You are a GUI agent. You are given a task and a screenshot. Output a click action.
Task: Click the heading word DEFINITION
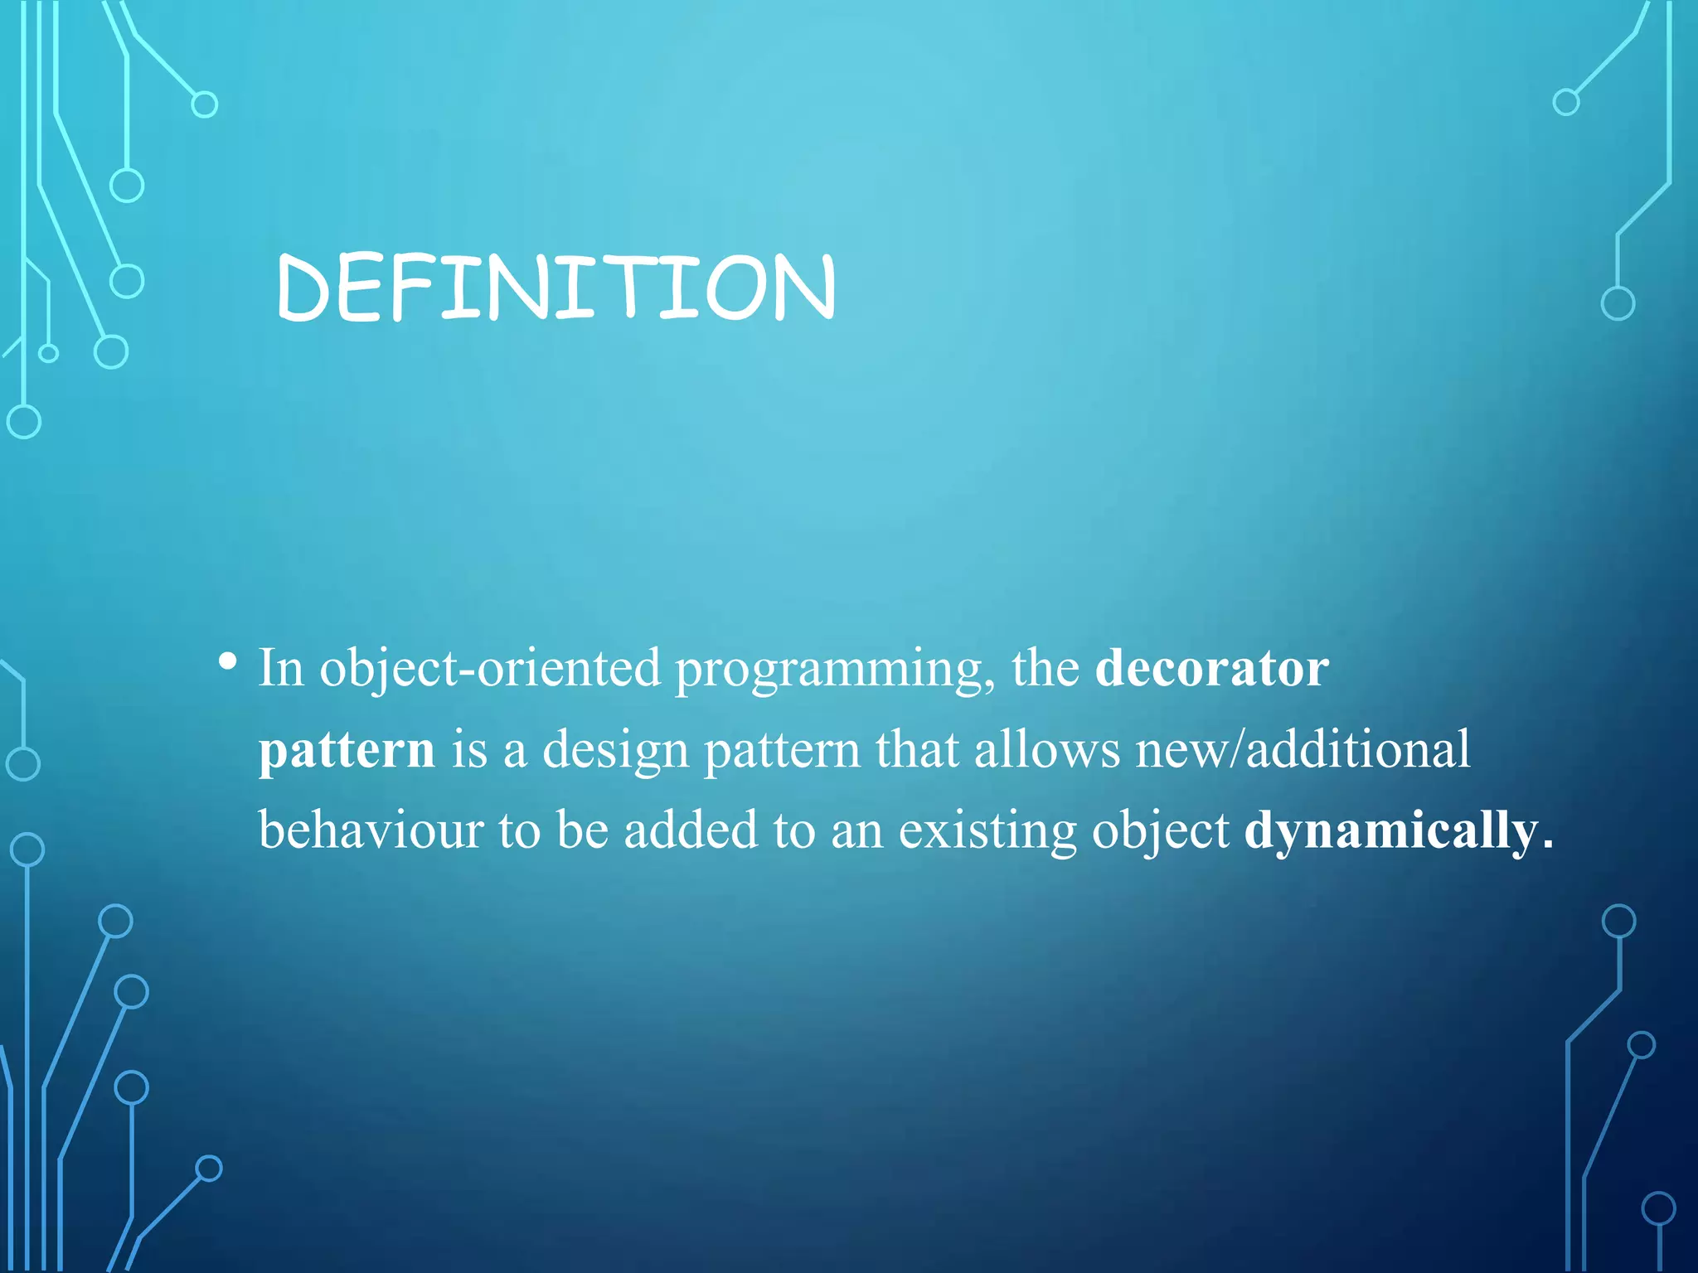(555, 288)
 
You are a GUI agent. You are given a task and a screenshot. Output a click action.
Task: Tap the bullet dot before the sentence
(227, 662)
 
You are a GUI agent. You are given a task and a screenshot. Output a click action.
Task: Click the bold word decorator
(1211, 668)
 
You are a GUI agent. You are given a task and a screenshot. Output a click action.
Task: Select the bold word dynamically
(1390, 830)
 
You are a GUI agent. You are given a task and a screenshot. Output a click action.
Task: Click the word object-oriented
(490, 668)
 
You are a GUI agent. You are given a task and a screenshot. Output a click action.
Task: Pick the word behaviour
(371, 830)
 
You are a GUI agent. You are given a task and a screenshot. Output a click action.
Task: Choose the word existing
(987, 830)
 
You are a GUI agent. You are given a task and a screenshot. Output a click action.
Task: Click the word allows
(1047, 749)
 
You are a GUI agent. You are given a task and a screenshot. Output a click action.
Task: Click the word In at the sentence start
(281, 668)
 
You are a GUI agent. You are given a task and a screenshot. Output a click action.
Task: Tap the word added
(691, 830)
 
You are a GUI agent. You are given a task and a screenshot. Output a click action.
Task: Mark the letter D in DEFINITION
(304, 288)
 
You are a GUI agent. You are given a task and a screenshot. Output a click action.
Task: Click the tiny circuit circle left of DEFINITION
(49, 353)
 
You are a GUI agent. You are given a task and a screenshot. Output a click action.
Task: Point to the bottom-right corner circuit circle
(1658, 1208)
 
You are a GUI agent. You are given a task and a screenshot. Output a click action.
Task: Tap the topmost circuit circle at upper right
(1565, 103)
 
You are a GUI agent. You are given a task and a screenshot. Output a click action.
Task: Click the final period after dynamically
(1547, 846)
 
